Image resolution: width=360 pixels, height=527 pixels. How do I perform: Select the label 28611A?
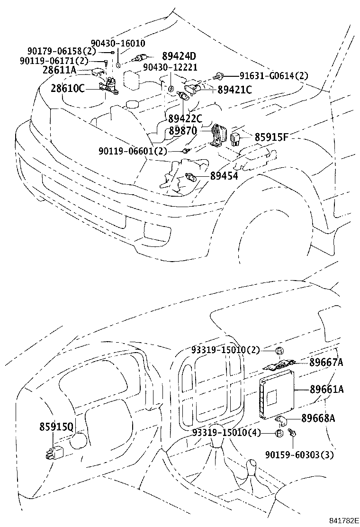[x=59, y=70]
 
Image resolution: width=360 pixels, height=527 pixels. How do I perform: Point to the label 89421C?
[x=235, y=90]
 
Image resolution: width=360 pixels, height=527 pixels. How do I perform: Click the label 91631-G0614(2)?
[x=273, y=75]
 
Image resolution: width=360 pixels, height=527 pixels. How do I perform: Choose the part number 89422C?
[x=185, y=118]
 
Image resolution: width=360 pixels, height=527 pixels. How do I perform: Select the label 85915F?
[x=272, y=138]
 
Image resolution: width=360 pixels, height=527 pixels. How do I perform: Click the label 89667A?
[x=326, y=363]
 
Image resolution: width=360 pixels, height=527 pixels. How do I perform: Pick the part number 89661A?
[x=327, y=390]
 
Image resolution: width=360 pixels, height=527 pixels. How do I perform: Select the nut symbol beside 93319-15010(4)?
[x=279, y=433]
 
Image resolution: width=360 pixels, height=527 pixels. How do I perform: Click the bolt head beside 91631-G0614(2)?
[x=218, y=75]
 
